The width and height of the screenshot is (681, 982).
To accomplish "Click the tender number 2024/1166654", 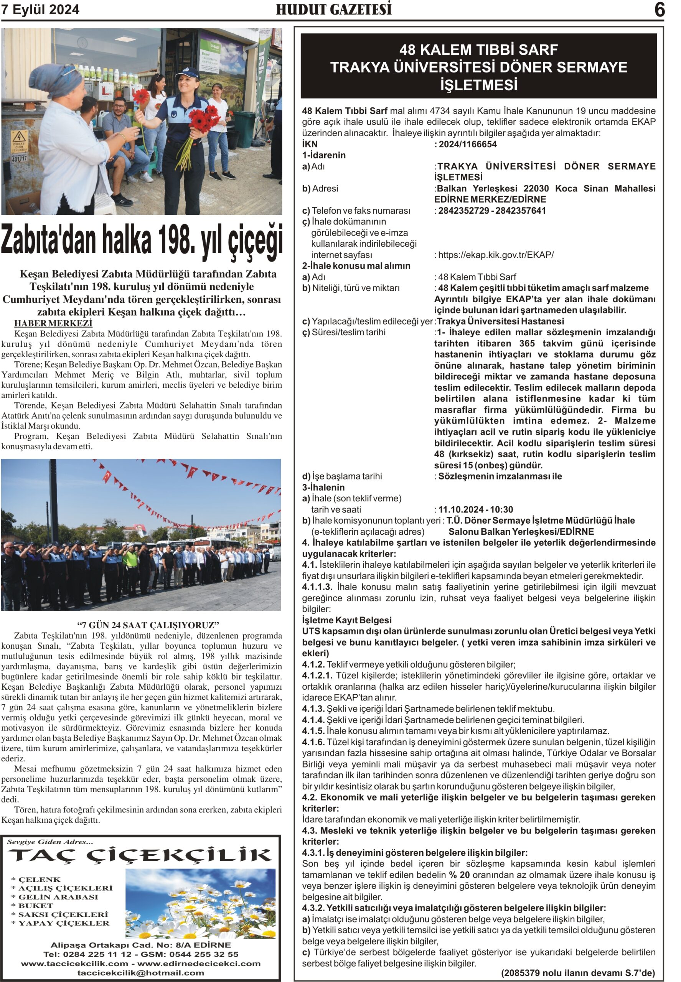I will click(467, 144).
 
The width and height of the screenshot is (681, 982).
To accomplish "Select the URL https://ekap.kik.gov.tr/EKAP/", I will click(496, 255).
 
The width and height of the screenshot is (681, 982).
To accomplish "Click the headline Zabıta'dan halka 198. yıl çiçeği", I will click(142, 241).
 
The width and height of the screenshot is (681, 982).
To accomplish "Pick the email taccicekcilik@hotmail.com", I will click(141, 973).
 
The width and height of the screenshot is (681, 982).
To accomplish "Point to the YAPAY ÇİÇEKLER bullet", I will click(64, 923).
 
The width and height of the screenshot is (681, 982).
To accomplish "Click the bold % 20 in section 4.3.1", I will click(459, 875).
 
